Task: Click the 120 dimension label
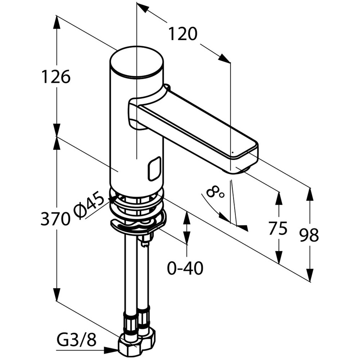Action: [183, 34]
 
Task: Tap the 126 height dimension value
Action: [56, 77]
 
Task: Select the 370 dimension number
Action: [55, 219]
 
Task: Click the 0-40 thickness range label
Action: [185, 268]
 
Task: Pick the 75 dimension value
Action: [278, 228]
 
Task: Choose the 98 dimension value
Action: [309, 235]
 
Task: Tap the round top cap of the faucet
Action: [136, 61]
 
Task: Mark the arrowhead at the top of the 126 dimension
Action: [57, 22]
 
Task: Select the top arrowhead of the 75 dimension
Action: [278, 198]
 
